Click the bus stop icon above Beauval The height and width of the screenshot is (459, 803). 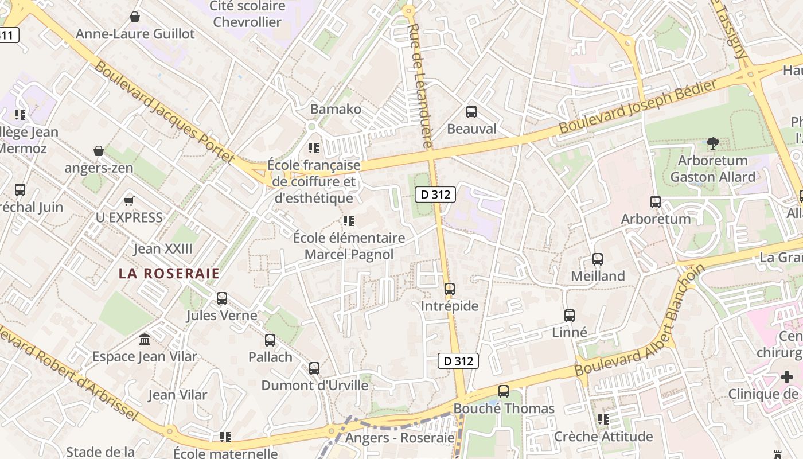tap(471, 111)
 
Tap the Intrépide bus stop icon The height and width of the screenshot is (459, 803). tap(450, 289)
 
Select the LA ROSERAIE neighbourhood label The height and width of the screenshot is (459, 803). tap(169, 274)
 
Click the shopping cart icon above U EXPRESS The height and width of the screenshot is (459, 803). tap(129, 201)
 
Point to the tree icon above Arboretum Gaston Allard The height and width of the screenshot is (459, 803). tap(713, 143)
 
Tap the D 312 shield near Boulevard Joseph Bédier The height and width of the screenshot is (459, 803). tap(435, 195)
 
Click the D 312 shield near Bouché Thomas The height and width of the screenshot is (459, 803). tap(458, 361)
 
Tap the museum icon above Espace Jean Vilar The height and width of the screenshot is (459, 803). tap(145, 339)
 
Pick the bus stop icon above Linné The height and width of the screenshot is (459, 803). tap(570, 315)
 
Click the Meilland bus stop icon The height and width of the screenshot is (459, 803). tap(598, 259)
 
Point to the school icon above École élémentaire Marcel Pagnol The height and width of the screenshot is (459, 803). tap(348, 220)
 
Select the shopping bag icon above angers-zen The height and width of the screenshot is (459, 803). tap(99, 151)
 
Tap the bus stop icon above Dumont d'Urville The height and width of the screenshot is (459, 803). tap(314, 368)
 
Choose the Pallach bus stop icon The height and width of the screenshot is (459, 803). tap(270, 340)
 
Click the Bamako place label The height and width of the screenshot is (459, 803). tap(336, 109)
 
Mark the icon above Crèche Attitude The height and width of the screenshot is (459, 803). tap(603, 419)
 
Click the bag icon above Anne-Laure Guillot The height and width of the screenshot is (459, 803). tap(135, 17)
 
